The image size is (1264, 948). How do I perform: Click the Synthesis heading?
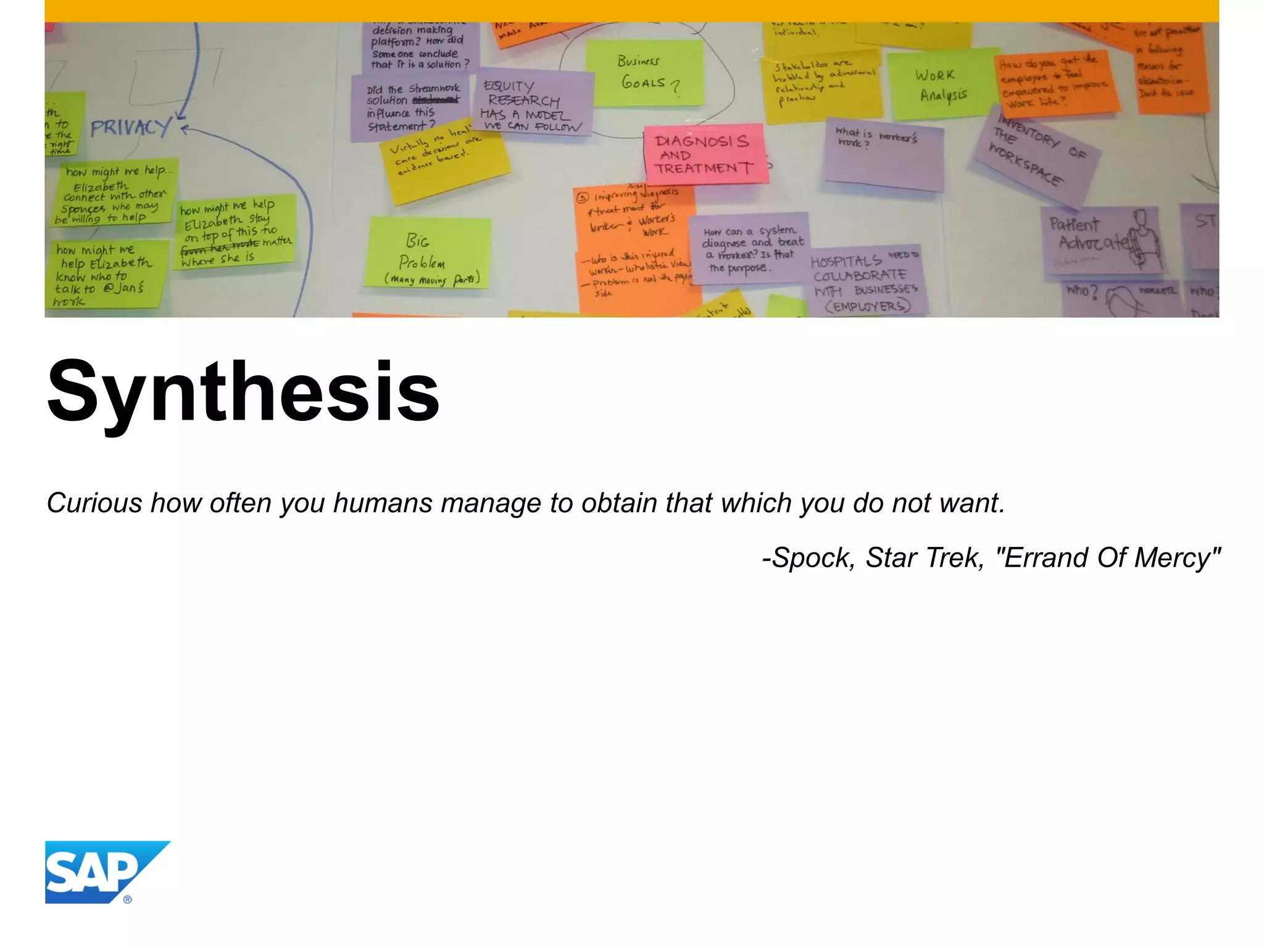pos(243,393)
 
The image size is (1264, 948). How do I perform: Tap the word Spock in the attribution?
pos(813,558)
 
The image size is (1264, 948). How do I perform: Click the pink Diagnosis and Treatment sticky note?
pos(705,154)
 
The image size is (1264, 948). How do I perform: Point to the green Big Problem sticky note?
pos(427,253)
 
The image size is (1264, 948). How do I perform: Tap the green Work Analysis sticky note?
pos(942,85)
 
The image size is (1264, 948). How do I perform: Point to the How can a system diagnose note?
pos(748,249)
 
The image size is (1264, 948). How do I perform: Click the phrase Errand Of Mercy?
pos(1108,558)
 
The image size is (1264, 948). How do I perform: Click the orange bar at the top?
pos(632,10)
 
